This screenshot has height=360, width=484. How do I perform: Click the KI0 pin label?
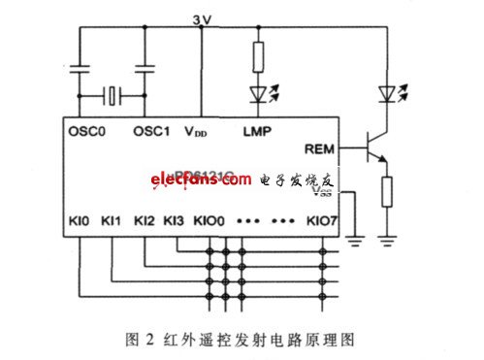(81, 221)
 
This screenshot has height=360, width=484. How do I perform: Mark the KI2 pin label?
(145, 221)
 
